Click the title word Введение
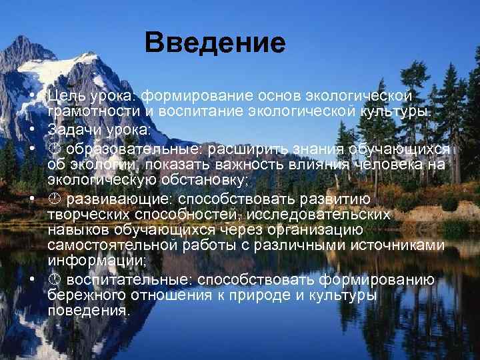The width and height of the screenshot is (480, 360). point(215,44)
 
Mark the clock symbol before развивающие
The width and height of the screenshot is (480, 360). point(53,199)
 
